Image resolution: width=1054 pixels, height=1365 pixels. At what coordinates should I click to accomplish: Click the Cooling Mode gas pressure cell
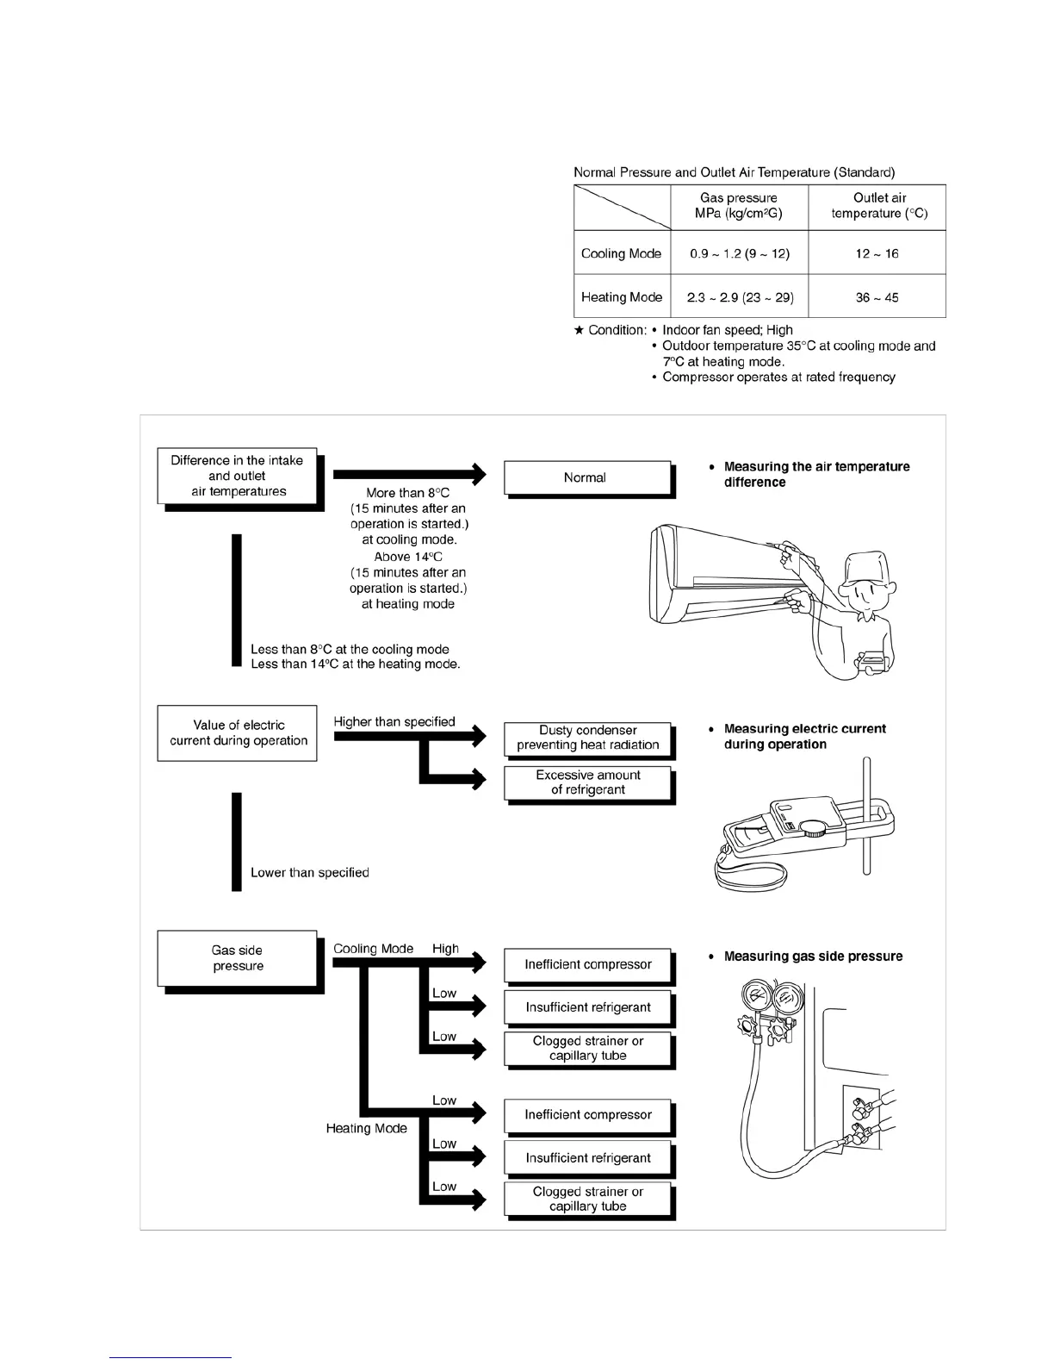pos(739,253)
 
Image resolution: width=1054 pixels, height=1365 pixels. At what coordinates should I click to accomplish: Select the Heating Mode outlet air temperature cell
pos(877,297)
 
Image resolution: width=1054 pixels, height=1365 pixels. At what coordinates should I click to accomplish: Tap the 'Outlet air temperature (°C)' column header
pos(878,206)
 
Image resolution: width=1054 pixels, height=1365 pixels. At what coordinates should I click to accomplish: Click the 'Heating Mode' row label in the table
pos(622,297)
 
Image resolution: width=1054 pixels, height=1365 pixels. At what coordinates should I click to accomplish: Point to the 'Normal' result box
pos(586,477)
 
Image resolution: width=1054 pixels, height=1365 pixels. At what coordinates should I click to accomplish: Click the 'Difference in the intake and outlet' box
pos(237,476)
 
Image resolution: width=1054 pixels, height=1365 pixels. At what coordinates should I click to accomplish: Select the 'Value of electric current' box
pos(238,733)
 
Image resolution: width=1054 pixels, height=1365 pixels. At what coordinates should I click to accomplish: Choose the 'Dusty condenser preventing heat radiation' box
pos(587,738)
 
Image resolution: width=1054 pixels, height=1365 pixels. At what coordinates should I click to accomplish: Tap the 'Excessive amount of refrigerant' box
pos(587,782)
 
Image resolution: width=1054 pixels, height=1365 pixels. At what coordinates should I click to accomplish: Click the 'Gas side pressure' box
pos(238,958)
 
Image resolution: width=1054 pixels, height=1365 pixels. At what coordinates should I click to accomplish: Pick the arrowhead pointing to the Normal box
pos(476,473)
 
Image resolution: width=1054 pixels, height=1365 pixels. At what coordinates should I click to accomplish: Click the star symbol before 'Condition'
pos(580,330)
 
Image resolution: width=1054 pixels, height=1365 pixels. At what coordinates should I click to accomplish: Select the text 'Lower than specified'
pos(309,873)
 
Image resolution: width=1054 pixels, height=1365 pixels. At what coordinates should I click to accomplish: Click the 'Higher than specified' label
pos(394,722)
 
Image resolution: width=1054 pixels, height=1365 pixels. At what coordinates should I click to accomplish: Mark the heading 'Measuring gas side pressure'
pos(813,957)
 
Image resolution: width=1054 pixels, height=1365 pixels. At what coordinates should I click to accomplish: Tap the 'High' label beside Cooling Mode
pos(445,949)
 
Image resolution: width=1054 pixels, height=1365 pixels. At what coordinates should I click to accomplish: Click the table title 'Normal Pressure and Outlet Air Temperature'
pos(734,172)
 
